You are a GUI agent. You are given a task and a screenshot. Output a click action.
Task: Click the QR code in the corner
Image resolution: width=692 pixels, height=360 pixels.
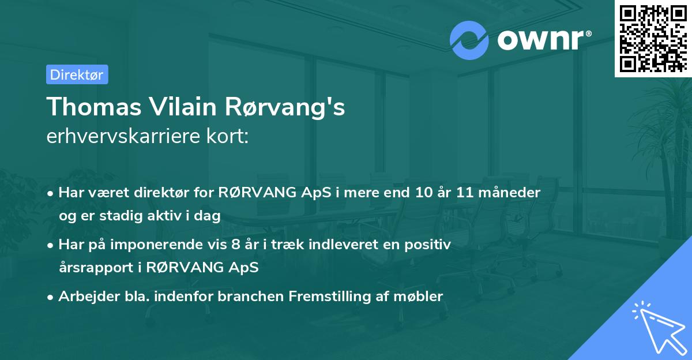click(x=653, y=39)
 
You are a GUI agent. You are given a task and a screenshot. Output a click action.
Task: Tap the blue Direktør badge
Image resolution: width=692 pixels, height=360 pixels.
click(x=77, y=74)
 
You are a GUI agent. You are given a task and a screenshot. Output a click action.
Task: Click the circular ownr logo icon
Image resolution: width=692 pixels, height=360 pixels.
click(x=469, y=40)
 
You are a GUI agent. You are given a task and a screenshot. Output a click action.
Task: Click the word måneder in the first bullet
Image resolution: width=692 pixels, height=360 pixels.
click(x=513, y=193)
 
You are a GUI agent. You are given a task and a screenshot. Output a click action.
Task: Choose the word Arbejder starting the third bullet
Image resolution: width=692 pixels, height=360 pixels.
click(x=84, y=297)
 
